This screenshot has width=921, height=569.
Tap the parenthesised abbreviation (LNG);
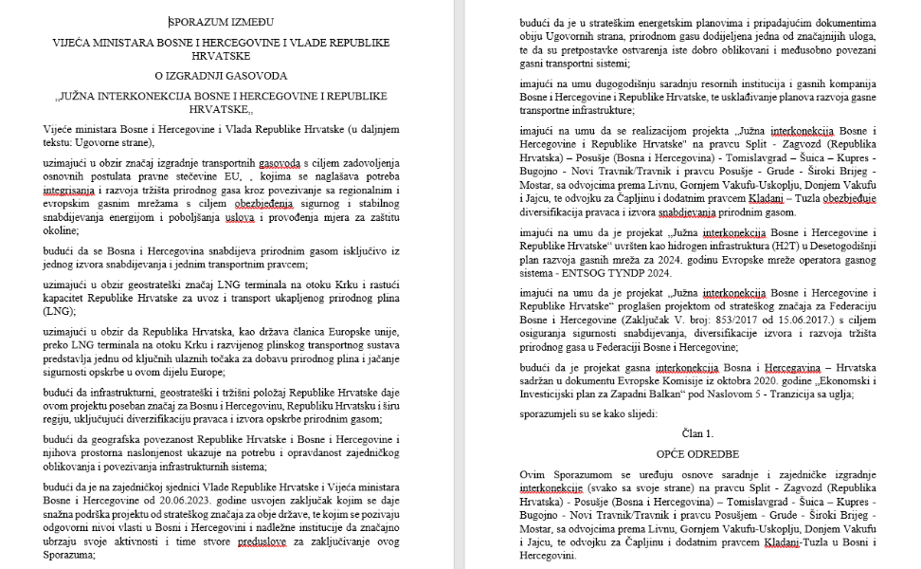pos(61,310)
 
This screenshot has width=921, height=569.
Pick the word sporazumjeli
pos(550,413)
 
